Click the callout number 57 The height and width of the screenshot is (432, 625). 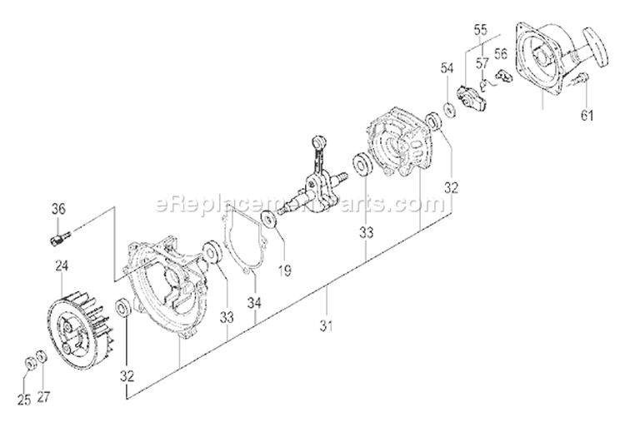tap(481, 62)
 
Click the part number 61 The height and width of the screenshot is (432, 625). tap(587, 115)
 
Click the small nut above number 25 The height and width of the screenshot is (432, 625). tap(28, 361)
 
